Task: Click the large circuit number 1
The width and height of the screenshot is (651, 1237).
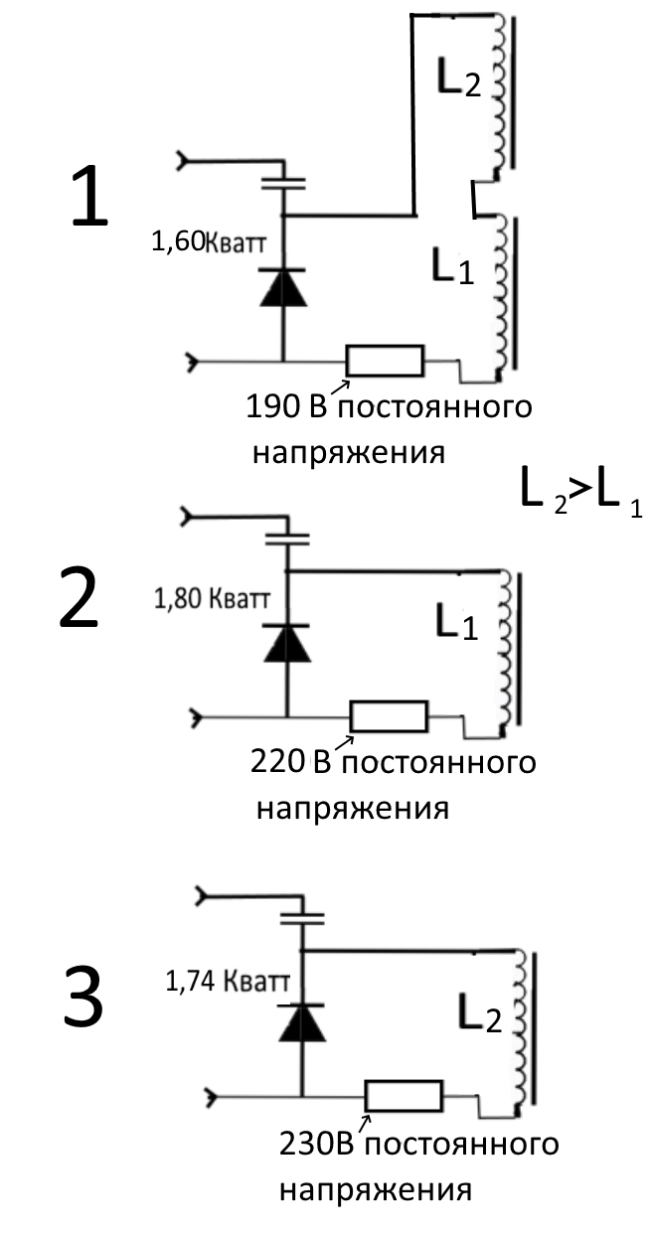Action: (x=88, y=198)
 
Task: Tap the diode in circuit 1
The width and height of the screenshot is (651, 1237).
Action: (x=282, y=287)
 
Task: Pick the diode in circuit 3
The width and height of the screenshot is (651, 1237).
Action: (x=301, y=1021)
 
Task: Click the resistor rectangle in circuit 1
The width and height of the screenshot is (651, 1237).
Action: (x=385, y=361)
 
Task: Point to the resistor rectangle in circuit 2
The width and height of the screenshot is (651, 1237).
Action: (x=389, y=715)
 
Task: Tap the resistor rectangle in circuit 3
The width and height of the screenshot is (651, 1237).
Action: (x=404, y=1096)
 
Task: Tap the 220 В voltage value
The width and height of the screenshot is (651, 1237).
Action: (x=281, y=762)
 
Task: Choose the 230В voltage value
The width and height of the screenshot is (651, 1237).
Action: (x=315, y=1144)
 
